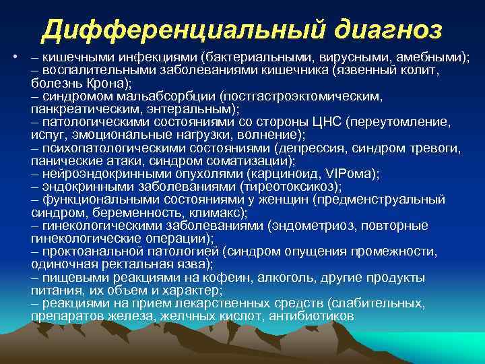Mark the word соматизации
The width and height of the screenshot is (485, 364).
251,160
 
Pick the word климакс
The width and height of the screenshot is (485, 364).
217,211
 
